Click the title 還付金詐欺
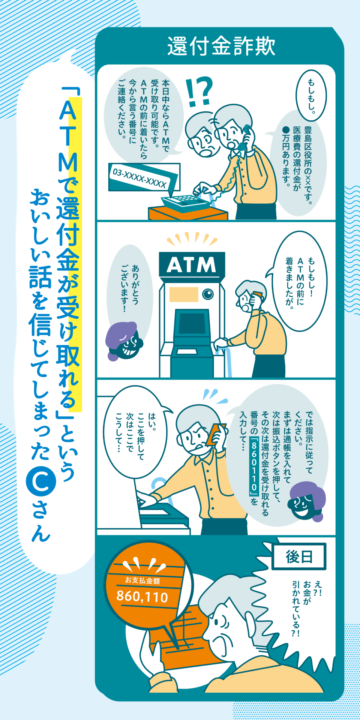tap(221, 46)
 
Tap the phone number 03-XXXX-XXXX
tap(139, 178)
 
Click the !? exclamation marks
tap(199, 91)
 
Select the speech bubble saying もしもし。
tap(311, 95)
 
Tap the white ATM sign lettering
tap(191, 265)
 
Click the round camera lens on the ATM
tap(208, 294)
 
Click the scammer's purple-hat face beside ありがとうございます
tap(124, 341)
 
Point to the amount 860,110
tap(142, 596)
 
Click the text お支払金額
tap(142, 580)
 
